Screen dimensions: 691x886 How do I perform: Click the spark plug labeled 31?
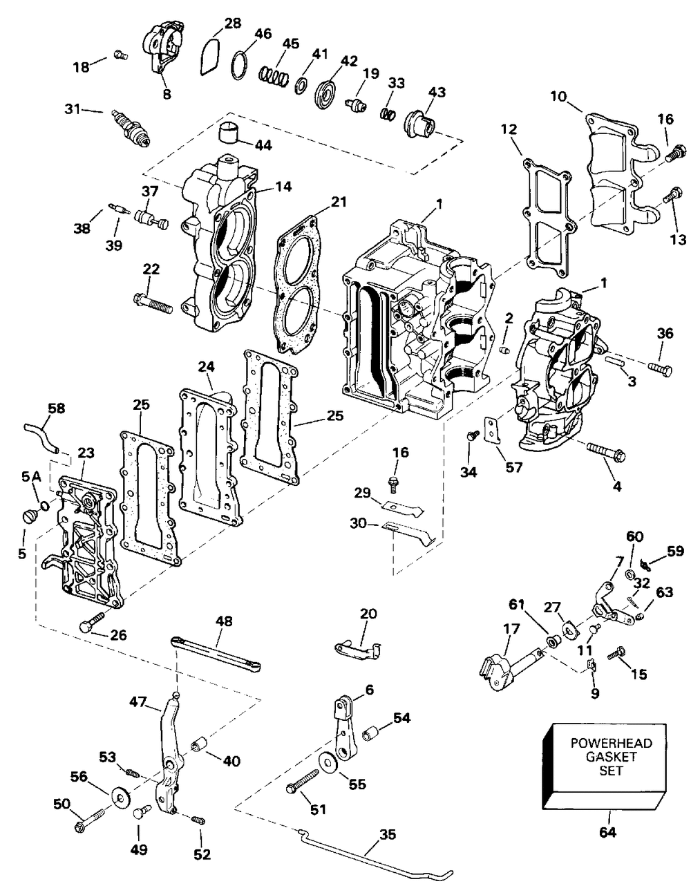tap(131, 126)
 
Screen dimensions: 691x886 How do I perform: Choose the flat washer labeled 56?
tap(120, 796)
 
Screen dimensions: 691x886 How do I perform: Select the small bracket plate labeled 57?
tap(493, 429)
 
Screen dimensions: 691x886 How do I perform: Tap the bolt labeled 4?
tap(606, 453)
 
